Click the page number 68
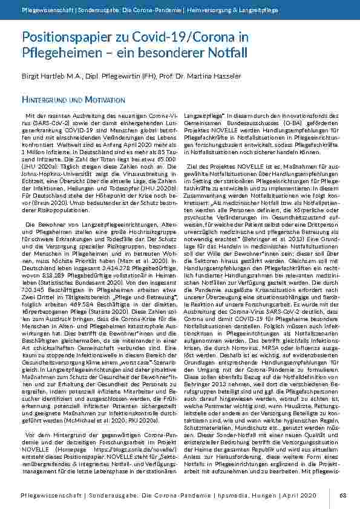tap(342, 495)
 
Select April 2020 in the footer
tap(299, 495)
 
